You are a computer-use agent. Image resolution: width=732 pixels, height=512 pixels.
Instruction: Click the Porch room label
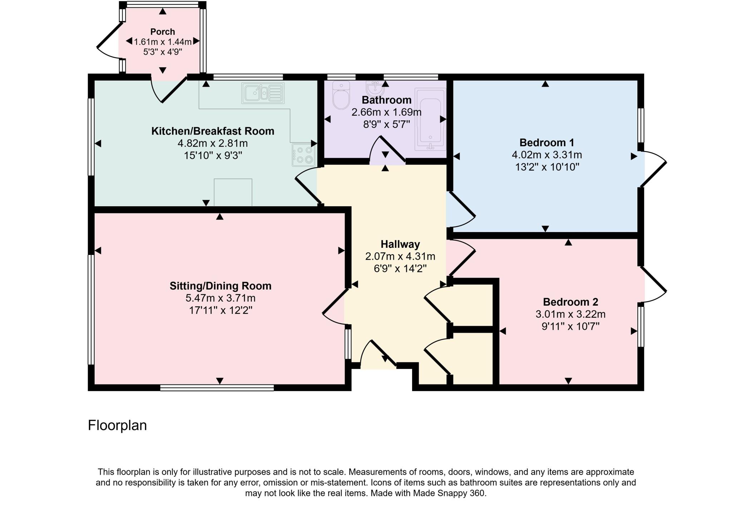(163, 32)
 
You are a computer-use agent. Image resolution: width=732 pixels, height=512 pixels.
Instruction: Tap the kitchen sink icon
(263, 93)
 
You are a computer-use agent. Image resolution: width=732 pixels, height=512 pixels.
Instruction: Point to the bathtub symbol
(431, 120)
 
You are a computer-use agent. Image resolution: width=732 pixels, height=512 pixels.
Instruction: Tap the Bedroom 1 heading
(546, 143)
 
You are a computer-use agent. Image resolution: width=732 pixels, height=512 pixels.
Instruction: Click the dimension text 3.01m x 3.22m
(570, 314)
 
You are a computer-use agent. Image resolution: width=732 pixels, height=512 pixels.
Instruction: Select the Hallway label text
(400, 244)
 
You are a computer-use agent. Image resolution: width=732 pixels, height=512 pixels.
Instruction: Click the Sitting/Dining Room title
(220, 286)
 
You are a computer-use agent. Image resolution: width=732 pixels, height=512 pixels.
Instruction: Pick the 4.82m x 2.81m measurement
(213, 143)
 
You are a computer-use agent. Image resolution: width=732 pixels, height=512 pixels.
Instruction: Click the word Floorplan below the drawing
(117, 425)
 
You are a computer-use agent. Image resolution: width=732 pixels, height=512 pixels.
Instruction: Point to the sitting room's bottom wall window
(217, 388)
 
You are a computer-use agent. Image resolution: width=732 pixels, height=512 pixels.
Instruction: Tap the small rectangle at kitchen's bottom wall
(233, 192)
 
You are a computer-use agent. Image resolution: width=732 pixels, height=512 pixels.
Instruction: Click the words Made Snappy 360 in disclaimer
(449, 493)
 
